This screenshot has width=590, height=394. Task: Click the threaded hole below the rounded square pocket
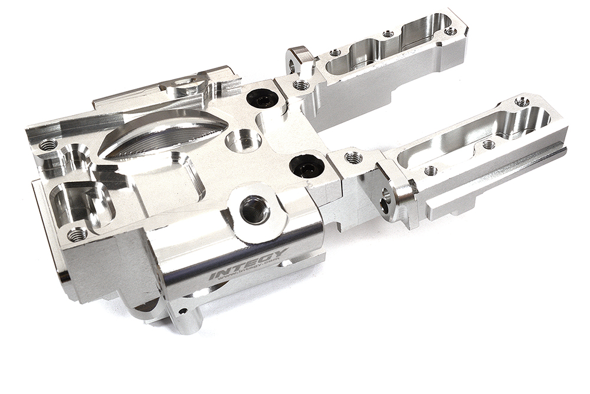[77, 235]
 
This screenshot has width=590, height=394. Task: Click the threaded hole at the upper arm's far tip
[450, 30]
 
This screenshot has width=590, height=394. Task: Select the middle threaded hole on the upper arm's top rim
[388, 34]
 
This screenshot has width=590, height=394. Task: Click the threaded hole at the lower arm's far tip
[522, 102]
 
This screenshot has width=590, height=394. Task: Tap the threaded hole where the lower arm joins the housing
[353, 157]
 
